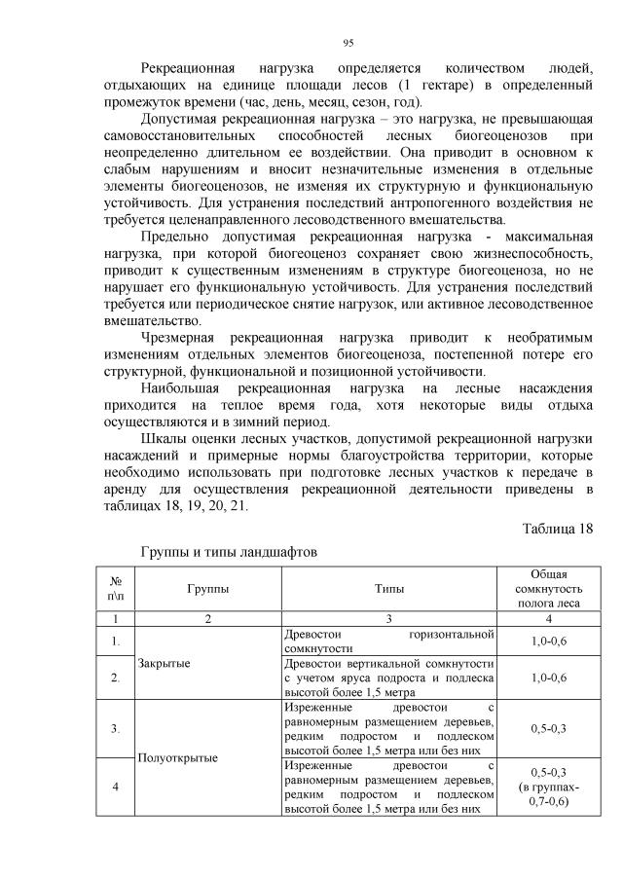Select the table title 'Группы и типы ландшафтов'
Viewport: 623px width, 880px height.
[x=229, y=551]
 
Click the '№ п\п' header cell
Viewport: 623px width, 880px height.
[x=116, y=589]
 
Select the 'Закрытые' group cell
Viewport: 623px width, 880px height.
[x=164, y=663]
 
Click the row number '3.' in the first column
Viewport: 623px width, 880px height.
[x=116, y=728]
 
